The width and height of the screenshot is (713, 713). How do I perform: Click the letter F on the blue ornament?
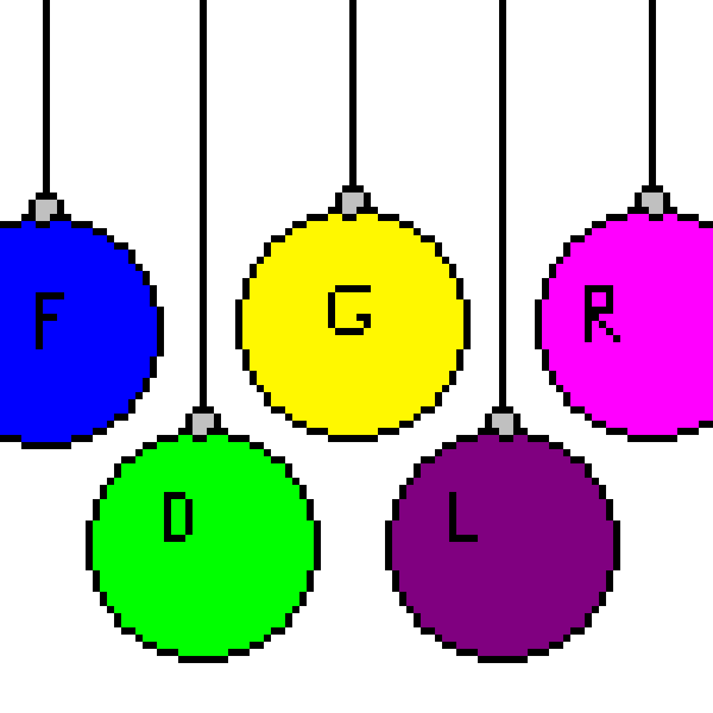[39, 320]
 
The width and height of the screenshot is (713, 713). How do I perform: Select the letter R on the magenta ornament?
[588, 313]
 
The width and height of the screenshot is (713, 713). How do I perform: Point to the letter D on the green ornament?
[168, 517]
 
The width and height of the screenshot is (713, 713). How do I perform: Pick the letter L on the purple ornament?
[453, 517]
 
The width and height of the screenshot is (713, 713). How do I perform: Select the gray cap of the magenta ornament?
[652, 203]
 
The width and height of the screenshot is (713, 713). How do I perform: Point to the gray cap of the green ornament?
[203, 424]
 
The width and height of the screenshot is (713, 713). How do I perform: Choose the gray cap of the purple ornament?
[503, 424]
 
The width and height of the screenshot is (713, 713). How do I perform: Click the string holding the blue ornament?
[46, 96]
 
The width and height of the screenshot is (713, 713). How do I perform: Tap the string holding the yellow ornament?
[353, 93]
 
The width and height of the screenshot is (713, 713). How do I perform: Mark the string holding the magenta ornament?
[652, 93]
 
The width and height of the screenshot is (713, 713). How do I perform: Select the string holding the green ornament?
[203, 203]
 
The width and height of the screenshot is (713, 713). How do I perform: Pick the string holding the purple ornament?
[503, 203]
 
